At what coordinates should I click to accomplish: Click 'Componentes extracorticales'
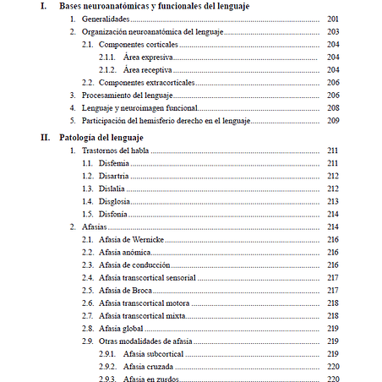coord(146,82)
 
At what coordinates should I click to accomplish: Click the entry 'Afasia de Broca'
coord(125,290)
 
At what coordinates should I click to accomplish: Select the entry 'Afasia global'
coord(122,328)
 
